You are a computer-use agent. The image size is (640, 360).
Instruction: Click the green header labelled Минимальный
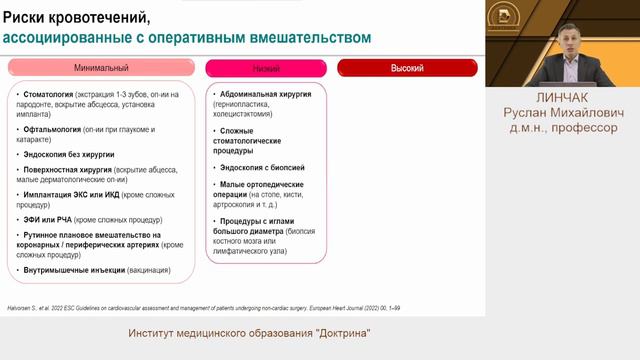(x=101, y=69)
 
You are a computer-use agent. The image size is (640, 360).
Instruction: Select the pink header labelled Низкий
(x=266, y=69)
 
